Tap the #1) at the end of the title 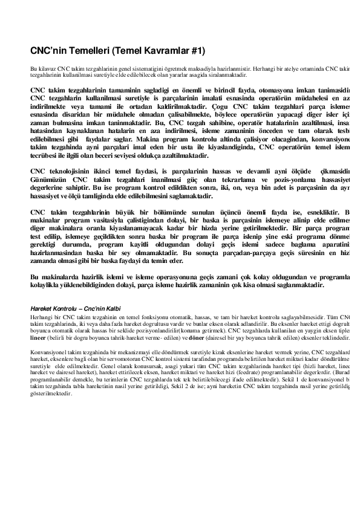pos(198,50)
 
